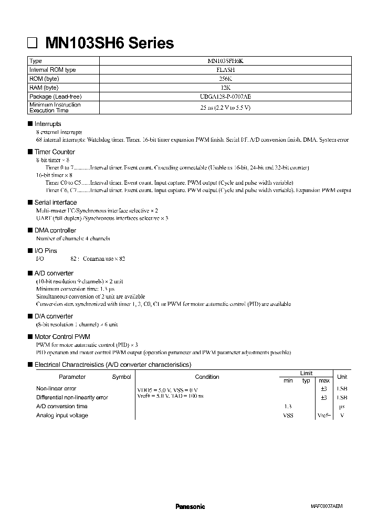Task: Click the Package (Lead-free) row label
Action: [x=56, y=97]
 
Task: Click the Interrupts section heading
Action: [x=48, y=124]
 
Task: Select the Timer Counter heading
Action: [x=55, y=152]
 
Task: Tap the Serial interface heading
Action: [x=55, y=203]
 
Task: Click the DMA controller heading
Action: [x=55, y=230]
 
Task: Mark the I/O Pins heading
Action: [x=46, y=251]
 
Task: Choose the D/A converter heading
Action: [x=54, y=316]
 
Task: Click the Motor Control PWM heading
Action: [x=62, y=336]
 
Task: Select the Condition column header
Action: [x=207, y=377]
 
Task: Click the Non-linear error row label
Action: [x=56, y=389]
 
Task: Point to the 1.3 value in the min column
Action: [x=288, y=407]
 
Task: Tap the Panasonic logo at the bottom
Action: [x=190, y=506]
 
